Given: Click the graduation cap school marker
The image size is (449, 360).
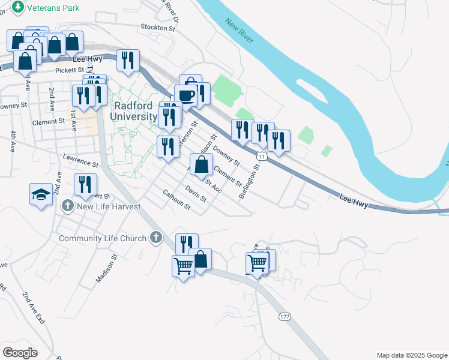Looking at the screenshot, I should [40, 194].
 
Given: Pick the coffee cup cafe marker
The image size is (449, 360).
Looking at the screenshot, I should [185, 95].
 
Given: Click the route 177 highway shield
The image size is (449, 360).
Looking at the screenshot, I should [284, 316].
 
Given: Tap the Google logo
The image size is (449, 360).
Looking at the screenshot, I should [20, 353].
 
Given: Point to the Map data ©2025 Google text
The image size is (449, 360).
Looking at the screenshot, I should [411, 355].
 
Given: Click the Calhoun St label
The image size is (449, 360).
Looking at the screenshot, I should [176, 200].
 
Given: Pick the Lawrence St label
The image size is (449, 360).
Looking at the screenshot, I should [80, 161].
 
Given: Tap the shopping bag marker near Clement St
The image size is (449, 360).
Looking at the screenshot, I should [201, 163].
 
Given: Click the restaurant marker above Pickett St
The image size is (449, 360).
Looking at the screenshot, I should [127, 59].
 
